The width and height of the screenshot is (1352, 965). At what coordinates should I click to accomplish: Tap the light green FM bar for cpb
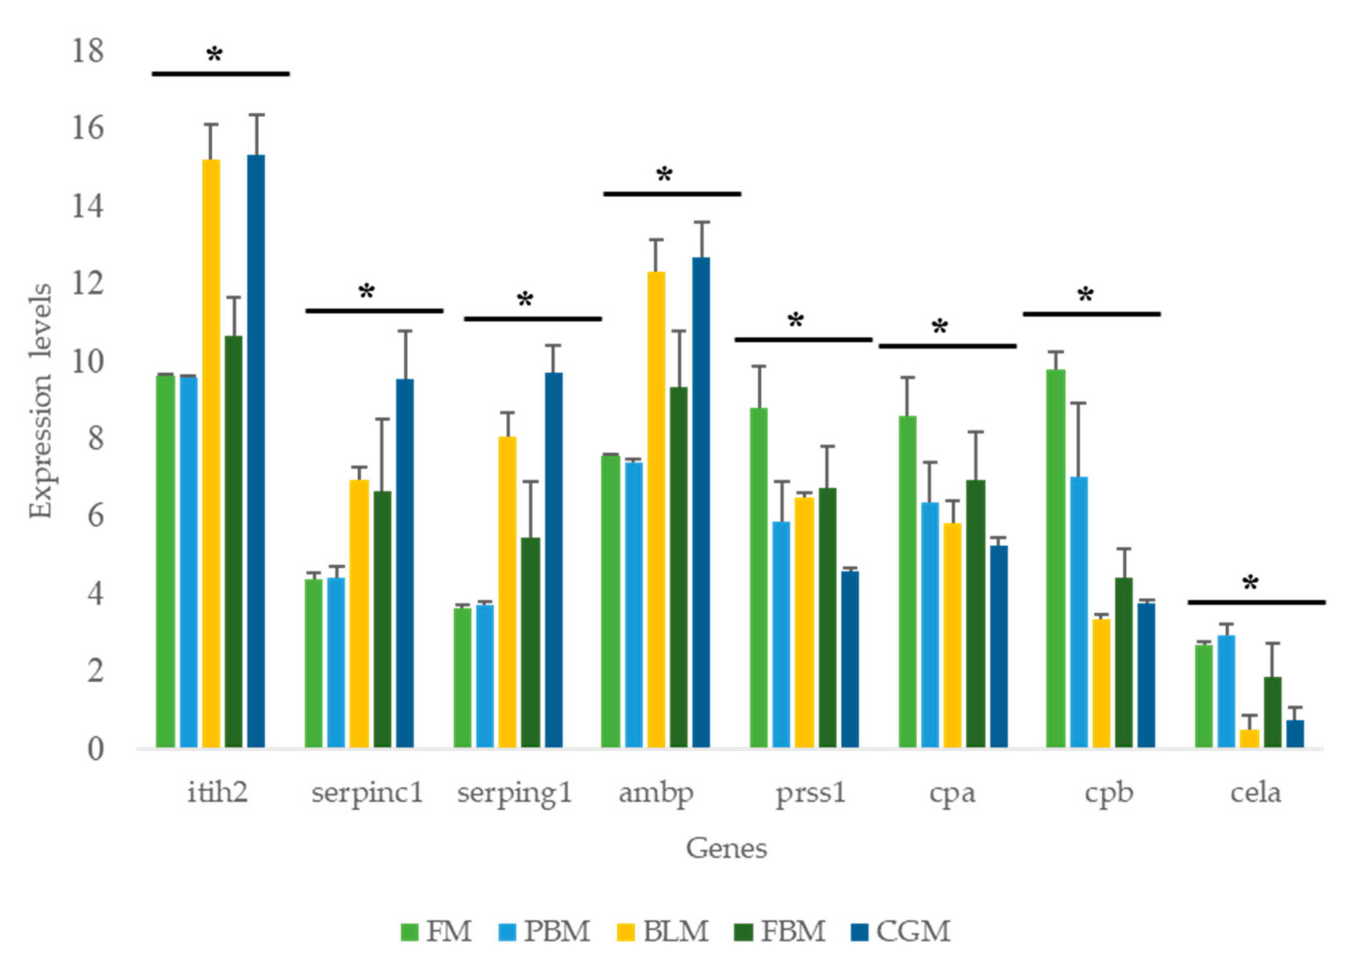(x=1055, y=558)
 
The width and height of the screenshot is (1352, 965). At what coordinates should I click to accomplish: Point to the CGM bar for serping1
(x=553, y=559)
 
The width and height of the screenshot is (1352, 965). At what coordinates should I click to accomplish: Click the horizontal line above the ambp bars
(x=672, y=194)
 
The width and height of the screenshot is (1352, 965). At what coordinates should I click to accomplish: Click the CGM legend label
(x=913, y=931)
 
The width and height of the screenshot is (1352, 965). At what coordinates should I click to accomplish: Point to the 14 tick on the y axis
(x=87, y=206)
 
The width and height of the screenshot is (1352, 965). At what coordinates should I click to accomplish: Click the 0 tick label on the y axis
(x=95, y=749)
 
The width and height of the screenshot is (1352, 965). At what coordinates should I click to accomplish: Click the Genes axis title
(x=726, y=848)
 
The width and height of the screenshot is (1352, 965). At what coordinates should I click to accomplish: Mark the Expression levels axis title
(x=40, y=401)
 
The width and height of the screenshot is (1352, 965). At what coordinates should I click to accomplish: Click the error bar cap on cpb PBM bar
(x=1079, y=403)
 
